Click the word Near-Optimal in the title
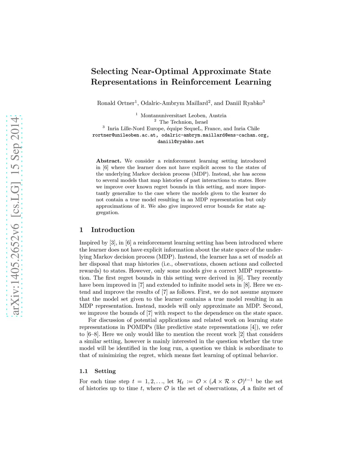pyautogui.click(x=160, y=71)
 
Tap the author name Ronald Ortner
pyautogui.click(x=116, y=103)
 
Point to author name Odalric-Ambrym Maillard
pyautogui.click(x=174, y=103)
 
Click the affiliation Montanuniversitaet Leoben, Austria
pyautogui.click(x=183, y=116)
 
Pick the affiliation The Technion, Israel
pyautogui.click(x=183, y=122)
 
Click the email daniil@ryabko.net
pyautogui.click(x=181, y=142)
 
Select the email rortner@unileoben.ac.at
pyautogui.click(x=124, y=135)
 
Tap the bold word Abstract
pyautogui.click(x=108, y=161)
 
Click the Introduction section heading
pyautogui.click(x=112, y=230)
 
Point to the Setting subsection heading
pyautogui.click(x=105, y=371)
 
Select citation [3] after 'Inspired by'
pyautogui.click(x=112, y=243)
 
